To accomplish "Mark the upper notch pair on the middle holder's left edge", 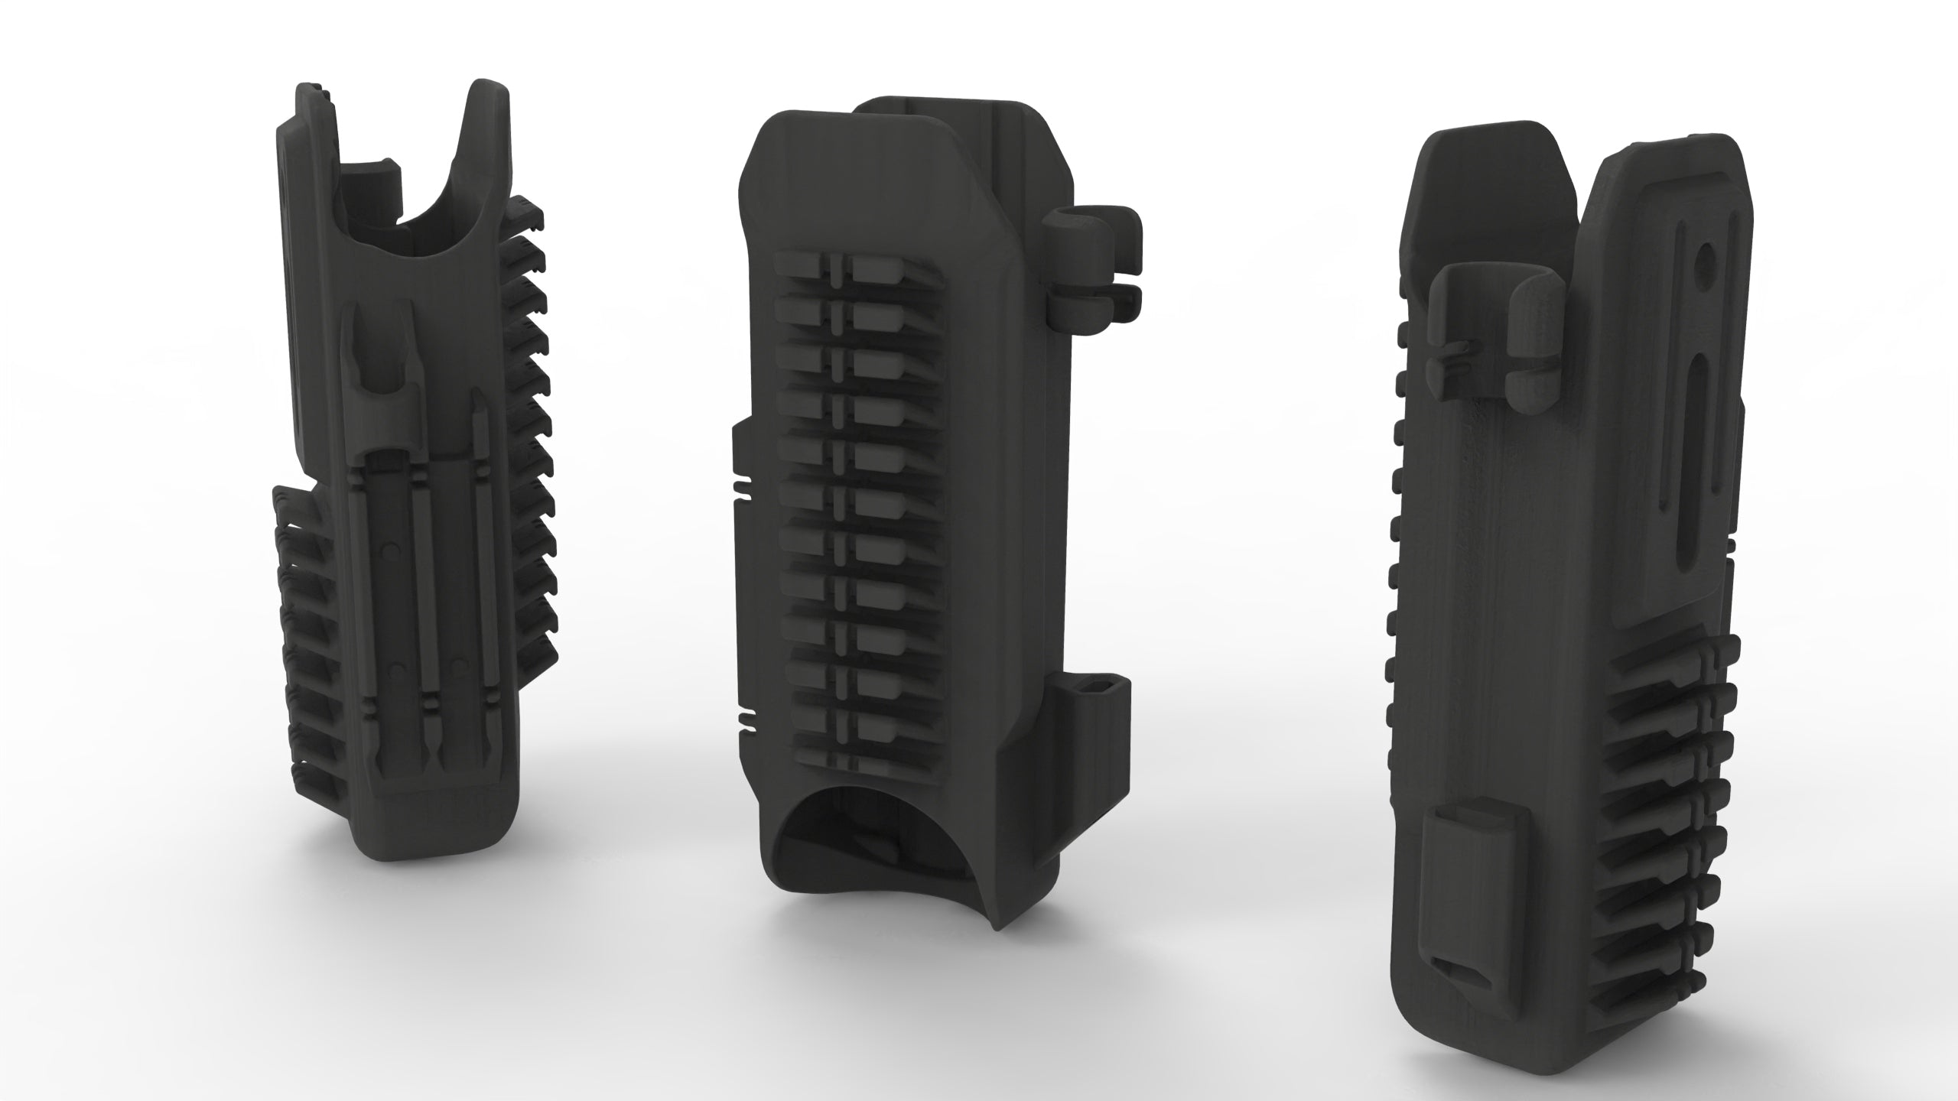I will click(742, 488).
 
